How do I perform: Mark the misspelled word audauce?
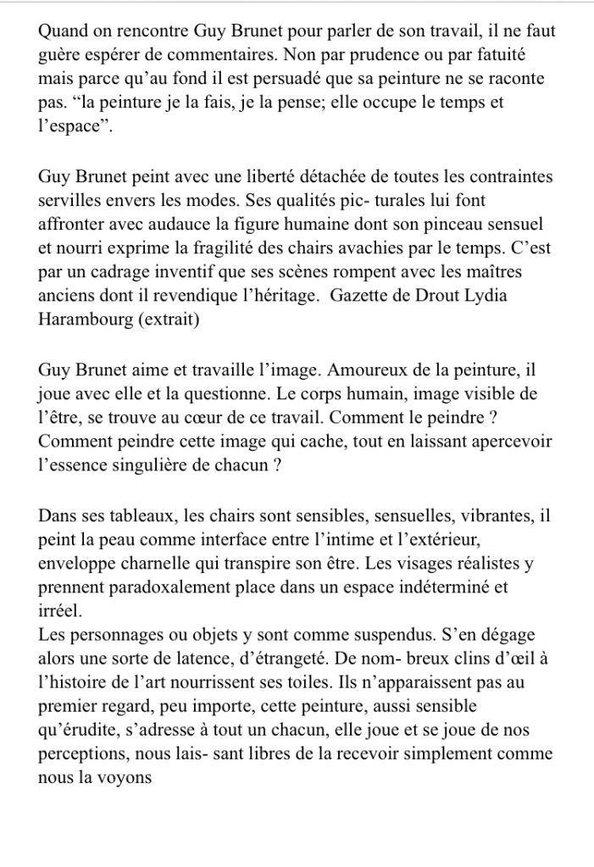tap(192, 226)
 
